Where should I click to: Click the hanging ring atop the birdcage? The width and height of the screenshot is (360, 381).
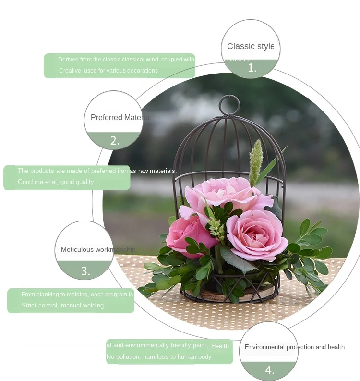pyautogui.click(x=229, y=105)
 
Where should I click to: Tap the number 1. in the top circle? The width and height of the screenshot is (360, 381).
pyautogui.click(x=252, y=69)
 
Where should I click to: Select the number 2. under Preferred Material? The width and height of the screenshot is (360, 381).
pyautogui.click(x=115, y=141)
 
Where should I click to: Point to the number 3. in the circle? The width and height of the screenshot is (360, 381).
pyautogui.click(x=85, y=271)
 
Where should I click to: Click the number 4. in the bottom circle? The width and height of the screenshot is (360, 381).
pyautogui.click(x=270, y=370)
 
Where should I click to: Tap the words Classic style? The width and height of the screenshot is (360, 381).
pyautogui.click(x=251, y=46)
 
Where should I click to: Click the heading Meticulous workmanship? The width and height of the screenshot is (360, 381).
pyautogui.click(x=98, y=250)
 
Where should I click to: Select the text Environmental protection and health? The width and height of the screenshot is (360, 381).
pyautogui.click(x=294, y=347)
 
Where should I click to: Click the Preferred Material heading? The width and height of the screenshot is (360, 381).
pyautogui.click(x=120, y=118)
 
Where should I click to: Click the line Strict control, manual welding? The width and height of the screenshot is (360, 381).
pyautogui.click(x=62, y=306)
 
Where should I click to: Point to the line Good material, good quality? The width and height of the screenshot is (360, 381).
pyautogui.click(x=56, y=182)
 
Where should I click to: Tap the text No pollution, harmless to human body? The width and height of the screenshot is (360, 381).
pyautogui.click(x=159, y=357)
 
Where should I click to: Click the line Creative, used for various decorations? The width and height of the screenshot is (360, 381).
pyautogui.click(x=108, y=71)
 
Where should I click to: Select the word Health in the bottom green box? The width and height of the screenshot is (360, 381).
pyautogui.click(x=220, y=346)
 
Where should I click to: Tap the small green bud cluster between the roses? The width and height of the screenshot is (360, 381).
pyautogui.click(x=217, y=228)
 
